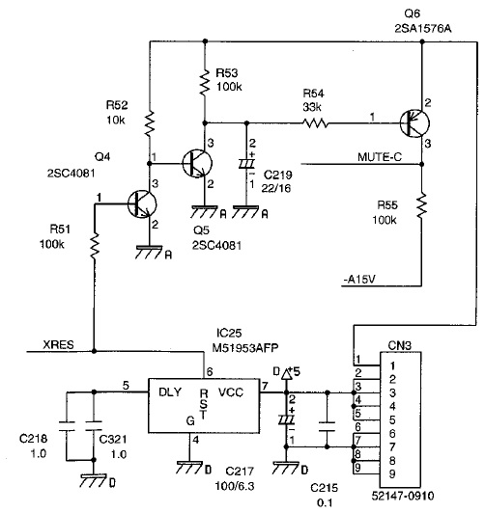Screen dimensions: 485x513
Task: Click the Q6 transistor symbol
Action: pos(414,123)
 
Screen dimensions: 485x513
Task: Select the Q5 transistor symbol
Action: pos(197,163)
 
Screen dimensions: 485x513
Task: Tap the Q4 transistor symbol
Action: pos(142,203)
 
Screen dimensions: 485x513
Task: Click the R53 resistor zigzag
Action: pos(205,82)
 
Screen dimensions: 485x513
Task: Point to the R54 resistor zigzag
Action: pos(315,123)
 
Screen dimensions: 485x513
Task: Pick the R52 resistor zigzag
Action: pos(150,123)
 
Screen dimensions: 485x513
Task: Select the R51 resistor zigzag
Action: pos(95,246)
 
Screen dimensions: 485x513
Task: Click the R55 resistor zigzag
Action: pos(422,205)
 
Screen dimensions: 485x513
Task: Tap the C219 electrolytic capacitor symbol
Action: pos(247,164)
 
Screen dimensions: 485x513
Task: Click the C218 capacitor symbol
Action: pos(67,426)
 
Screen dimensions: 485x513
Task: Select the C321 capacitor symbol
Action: pos(94,426)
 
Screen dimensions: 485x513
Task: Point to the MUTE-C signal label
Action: pos(380,157)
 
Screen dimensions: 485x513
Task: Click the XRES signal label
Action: pos(58,344)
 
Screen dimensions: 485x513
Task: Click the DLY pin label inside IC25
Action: pos(170,391)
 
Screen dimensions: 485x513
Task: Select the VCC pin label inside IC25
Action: pos(231,391)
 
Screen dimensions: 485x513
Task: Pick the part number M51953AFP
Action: pos(245,348)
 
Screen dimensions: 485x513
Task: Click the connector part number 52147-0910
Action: pos(403,496)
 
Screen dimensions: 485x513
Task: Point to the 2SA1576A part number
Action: pos(423,29)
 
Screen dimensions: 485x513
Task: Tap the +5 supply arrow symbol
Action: pos(287,374)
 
